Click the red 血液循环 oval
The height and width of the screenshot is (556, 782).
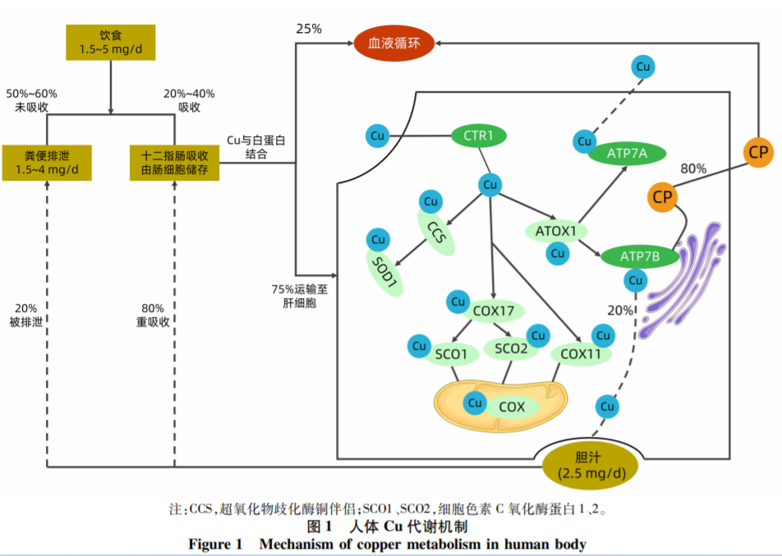coord(393,43)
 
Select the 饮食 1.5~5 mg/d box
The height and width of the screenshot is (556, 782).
coord(111,42)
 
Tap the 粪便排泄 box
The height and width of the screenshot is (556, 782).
coord(47,163)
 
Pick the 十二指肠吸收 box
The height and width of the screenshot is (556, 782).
coord(174,163)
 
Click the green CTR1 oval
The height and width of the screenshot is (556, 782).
coord(478,135)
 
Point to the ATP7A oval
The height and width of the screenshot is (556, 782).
coord(626,154)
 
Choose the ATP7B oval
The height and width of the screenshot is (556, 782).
coord(640,256)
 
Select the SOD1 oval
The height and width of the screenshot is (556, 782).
coord(384,273)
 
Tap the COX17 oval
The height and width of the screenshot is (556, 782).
coord(493,310)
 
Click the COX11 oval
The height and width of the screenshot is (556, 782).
coord(580,354)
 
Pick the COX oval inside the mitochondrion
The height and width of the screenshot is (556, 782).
coord(511,406)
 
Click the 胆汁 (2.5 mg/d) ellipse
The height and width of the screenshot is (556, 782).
coord(591,466)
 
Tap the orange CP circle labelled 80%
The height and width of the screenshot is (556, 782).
coord(661,197)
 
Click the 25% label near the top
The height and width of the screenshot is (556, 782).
coord(309,29)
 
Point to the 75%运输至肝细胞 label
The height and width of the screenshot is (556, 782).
coord(301,296)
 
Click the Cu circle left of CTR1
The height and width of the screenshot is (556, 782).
coord(378,136)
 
